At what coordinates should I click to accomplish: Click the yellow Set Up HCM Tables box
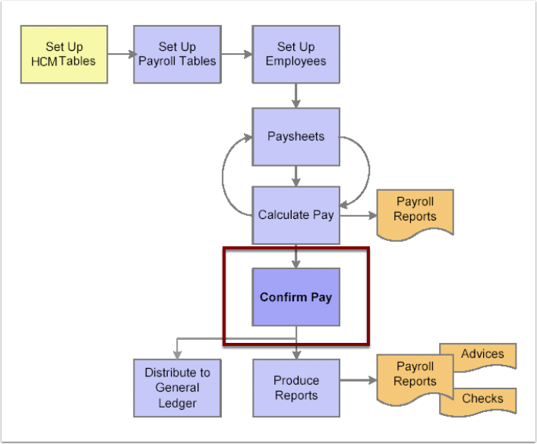click(x=64, y=55)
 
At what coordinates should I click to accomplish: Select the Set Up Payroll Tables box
click(x=177, y=55)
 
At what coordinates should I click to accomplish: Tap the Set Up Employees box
click(x=295, y=55)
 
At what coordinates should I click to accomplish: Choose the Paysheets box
click(x=295, y=137)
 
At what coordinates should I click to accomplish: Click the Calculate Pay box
click(x=295, y=215)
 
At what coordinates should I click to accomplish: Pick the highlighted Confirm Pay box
click(x=295, y=297)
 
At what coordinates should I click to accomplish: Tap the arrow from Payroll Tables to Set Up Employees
click(x=237, y=55)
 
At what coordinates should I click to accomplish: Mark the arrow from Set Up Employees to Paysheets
click(x=295, y=95)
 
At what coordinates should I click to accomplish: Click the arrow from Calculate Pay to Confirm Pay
click(x=295, y=255)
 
